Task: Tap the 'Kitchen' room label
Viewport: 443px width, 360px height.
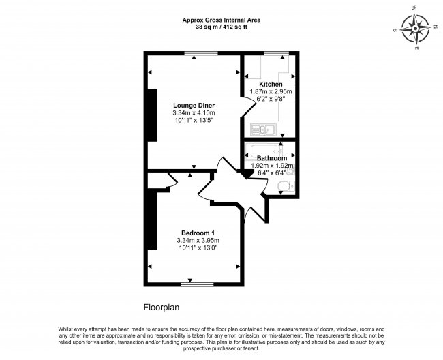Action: pos(271,84)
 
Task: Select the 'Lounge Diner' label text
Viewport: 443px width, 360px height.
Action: pos(194,105)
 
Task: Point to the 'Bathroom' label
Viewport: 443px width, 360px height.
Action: pos(271,157)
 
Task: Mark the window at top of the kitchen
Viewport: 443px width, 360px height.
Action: pos(275,53)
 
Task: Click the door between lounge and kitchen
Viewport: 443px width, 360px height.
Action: pos(244,105)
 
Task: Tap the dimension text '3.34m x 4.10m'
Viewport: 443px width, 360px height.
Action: pos(194,112)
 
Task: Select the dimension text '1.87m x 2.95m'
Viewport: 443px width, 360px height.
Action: pos(271,91)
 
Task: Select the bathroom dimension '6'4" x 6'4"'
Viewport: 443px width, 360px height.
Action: pos(271,172)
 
